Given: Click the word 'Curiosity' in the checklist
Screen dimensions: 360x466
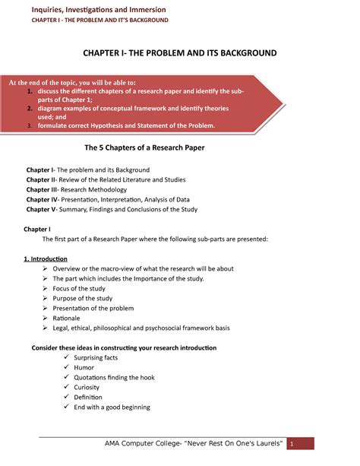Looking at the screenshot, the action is [x=92, y=386].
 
